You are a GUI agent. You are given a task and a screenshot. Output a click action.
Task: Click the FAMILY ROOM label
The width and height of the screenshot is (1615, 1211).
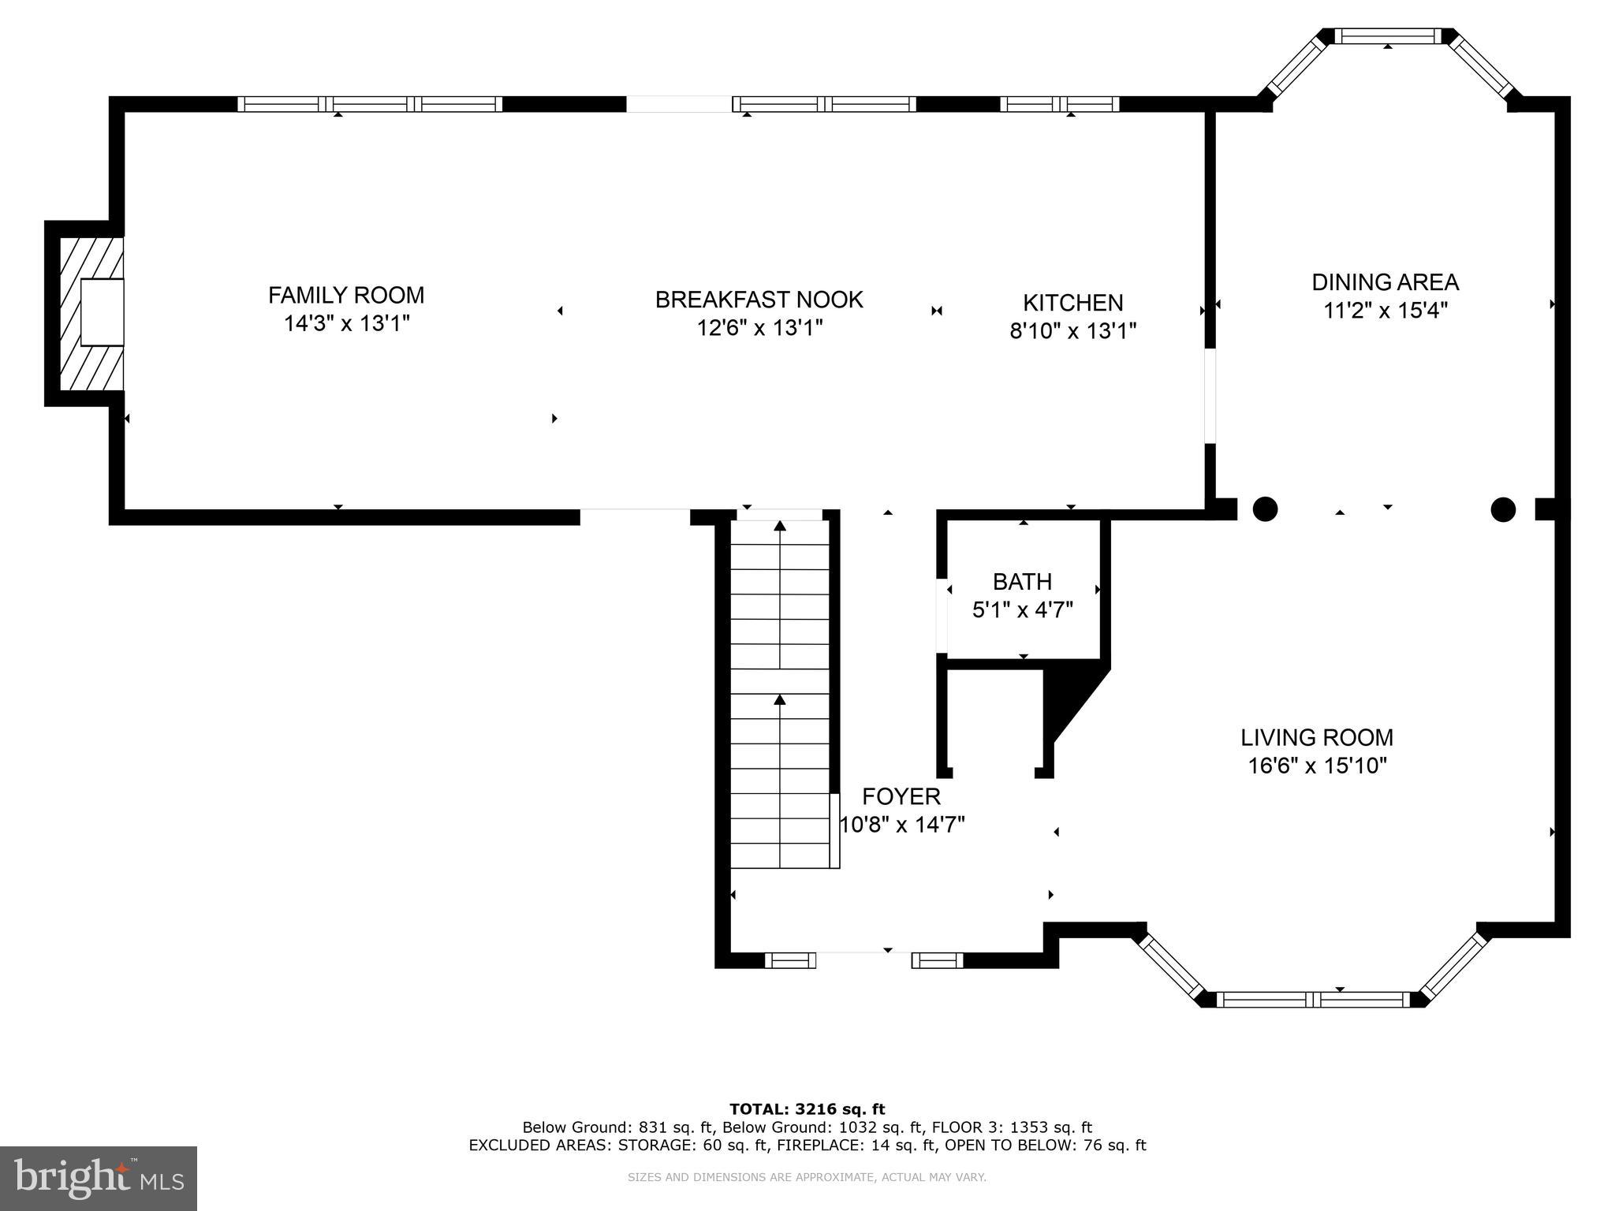pyautogui.click(x=346, y=295)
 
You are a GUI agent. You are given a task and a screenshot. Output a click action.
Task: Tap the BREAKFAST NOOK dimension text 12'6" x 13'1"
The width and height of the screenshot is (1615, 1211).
pyautogui.click(x=759, y=328)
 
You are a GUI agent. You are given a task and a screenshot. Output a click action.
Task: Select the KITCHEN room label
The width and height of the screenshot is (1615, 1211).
pyautogui.click(x=1072, y=303)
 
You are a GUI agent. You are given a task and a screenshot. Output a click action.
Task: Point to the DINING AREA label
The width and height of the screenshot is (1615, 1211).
pyautogui.click(x=1385, y=282)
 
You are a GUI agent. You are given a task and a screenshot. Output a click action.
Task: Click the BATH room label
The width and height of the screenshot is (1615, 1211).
pyautogui.click(x=1022, y=582)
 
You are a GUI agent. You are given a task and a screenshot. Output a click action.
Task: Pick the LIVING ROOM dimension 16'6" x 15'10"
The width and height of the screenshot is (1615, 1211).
pyautogui.click(x=1317, y=766)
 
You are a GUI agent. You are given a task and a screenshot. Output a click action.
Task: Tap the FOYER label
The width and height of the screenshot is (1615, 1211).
pyautogui.click(x=901, y=796)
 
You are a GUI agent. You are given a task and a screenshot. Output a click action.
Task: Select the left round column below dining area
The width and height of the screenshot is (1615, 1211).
pyautogui.click(x=1265, y=509)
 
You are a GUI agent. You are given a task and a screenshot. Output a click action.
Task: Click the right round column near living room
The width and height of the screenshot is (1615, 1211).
pyautogui.click(x=1503, y=509)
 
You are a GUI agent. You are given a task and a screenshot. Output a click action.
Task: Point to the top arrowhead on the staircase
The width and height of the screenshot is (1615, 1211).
pyautogui.click(x=780, y=526)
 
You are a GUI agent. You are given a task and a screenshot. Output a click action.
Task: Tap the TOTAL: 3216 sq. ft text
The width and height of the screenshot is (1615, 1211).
pyautogui.click(x=807, y=1109)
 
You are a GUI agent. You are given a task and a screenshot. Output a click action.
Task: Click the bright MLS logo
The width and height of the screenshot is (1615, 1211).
pyautogui.click(x=99, y=1178)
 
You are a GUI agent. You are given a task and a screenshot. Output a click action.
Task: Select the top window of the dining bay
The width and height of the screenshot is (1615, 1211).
pyautogui.click(x=1388, y=36)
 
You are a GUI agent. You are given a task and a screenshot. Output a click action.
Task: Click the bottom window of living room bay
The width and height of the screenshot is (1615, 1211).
pyautogui.click(x=1312, y=1000)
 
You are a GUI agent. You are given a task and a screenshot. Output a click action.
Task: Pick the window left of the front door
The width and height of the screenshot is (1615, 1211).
pyautogui.click(x=789, y=959)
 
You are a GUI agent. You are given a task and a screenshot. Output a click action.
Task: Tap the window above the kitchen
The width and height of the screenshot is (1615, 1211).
pyautogui.click(x=1059, y=104)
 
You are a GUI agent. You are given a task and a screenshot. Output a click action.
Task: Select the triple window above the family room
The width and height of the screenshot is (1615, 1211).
pyautogui.click(x=370, y=104)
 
